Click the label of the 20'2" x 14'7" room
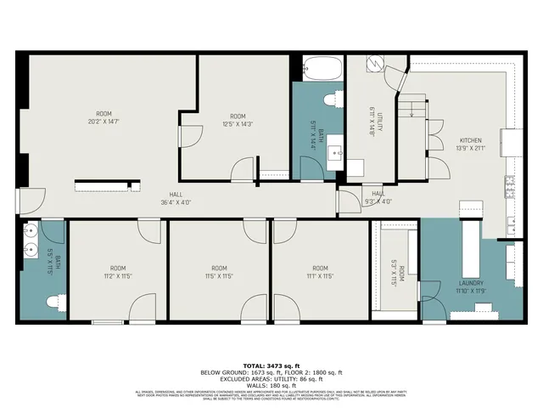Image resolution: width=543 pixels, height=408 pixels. tap(104, 117)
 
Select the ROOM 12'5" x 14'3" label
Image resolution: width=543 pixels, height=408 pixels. tap(237, 121)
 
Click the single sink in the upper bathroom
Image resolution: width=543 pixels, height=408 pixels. tap(335, 154)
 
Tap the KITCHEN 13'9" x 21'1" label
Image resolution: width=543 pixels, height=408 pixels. tap(473, 144)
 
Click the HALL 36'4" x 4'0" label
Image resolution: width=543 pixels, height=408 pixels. tap(176, 198)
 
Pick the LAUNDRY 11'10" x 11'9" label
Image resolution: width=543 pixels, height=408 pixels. tap(472, 287)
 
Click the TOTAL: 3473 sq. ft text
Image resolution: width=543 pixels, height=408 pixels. tap(271, 364)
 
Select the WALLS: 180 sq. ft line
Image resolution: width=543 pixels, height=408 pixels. tap(271, 384)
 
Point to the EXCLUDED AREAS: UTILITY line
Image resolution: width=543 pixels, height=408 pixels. tap(271, 377)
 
